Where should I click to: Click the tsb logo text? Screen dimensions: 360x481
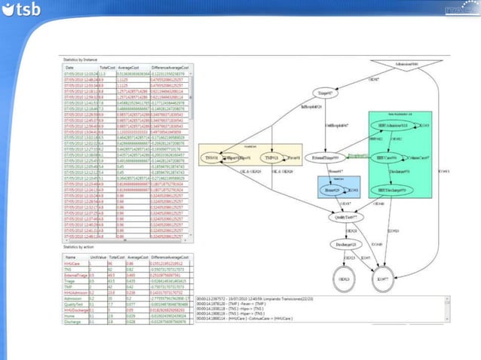click(x=28, y=11)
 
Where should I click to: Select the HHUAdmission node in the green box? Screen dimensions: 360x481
click(x=391, y=124)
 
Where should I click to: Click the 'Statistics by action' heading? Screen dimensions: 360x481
click(x=82, y=246)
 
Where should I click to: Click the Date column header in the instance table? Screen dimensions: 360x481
click(x=70, y=67)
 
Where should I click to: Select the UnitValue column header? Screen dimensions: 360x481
click(x=97, y=255)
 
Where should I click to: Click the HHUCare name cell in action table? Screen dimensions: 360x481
click(x=72, y=263)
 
